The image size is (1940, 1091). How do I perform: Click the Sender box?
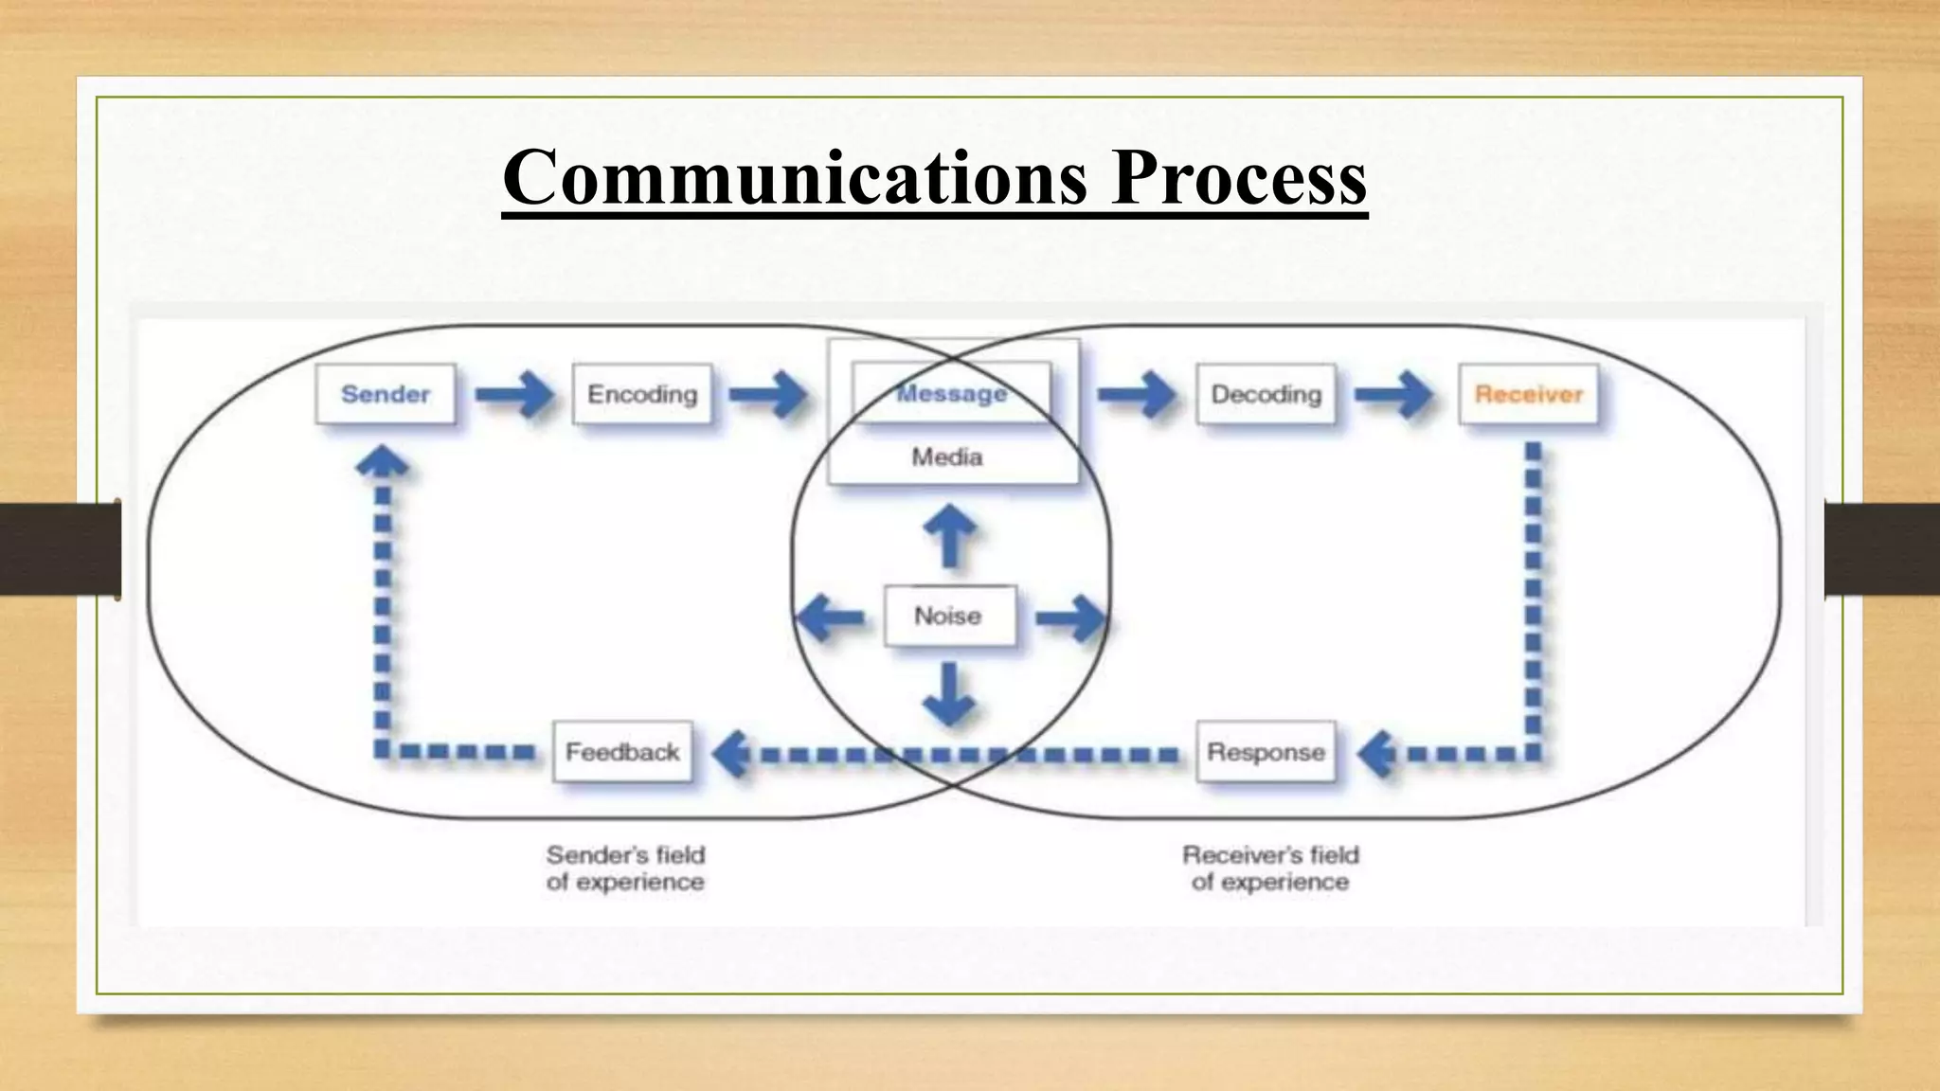tap(386, 394)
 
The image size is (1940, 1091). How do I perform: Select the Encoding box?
tap(642, 394)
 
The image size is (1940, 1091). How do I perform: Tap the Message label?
tap(951, 393)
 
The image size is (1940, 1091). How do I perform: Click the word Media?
tap(947, 457)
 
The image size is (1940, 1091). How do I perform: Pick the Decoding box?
tap(1266, 394)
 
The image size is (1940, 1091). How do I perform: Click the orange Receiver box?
tap(1528, 394)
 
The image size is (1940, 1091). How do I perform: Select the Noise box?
tap(948, 617)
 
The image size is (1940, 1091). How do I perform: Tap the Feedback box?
tap(622, 752)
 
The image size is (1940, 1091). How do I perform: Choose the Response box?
tap(1266, 752)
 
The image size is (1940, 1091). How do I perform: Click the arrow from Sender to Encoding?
tap(514, 394)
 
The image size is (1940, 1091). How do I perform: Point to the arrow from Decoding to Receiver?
tap(1394, 394)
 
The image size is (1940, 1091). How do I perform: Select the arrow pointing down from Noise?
tap(949, 694)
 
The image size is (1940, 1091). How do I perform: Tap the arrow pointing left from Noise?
tap(830, 617)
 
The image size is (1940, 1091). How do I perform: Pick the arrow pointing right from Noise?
tap(1070, 618)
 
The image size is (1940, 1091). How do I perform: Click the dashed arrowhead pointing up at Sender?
tap(382, 461)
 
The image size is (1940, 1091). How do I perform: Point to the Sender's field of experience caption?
tap(625, 868)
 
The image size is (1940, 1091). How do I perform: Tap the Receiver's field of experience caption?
tap(1270, 868)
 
